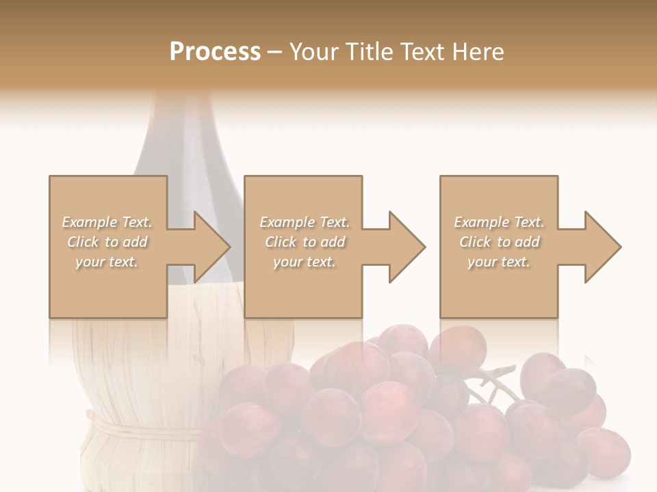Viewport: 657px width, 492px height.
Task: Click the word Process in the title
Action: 215,52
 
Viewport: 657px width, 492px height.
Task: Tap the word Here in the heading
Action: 478,52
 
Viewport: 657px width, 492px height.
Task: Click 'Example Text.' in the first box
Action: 107,222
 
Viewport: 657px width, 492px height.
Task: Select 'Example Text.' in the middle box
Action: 305,222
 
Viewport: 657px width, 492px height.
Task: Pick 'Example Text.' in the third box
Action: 499,222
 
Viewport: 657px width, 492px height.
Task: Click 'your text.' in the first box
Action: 107,262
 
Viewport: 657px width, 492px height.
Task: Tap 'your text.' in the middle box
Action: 304,262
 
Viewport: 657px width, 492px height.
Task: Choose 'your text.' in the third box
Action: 498,262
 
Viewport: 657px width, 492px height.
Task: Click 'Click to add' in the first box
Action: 107,242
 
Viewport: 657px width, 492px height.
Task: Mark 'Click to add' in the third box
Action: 499,242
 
